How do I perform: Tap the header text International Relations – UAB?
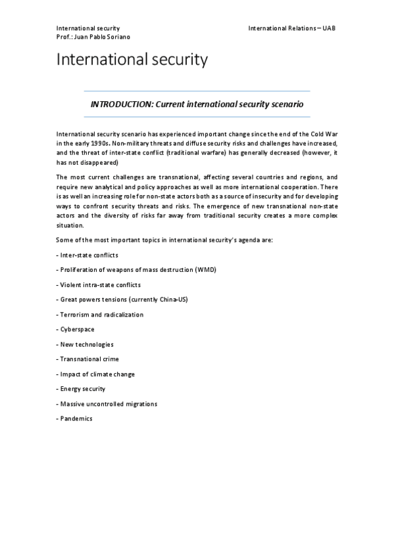pos(292,28)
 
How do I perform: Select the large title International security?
pos(132,60)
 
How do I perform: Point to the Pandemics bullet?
pos(76,419)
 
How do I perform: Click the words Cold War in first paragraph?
pos(324,134)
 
